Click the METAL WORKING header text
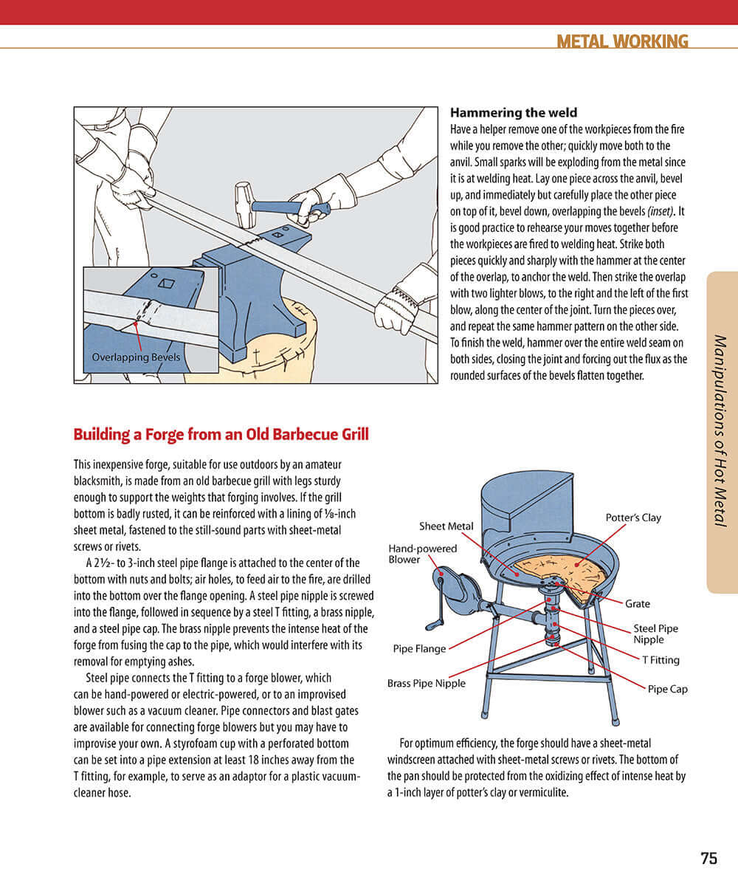click(x=622, y=41)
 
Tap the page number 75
click(x=708, y=859)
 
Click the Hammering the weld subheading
click(x=514, y=113)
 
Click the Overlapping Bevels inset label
click(x=136, y=357)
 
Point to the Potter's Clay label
click(x=632, y=518)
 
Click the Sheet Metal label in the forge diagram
click(x=446, y=526)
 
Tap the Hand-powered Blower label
click(x=423, y=554)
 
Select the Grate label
click(x=637, y=604)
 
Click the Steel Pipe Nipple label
click(x=655, y=633)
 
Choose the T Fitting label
click(x=661, y=660)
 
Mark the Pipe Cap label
click(x=667, y=689)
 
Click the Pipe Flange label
click(x=419, y=649)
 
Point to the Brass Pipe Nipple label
click(x=426, y=683)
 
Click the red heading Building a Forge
click(x=221, y=434)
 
